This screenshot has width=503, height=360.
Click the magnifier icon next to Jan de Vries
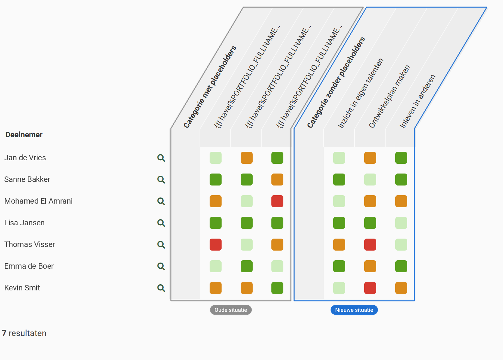tap(161, 158)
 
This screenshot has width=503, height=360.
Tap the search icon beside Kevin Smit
tap(161, 288)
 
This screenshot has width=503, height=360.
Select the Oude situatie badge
tap(231, 310)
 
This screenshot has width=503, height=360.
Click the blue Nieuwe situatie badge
tap(354, 310)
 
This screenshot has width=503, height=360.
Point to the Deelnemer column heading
tap(24, 135)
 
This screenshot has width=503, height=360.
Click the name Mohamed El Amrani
tap(38, 201)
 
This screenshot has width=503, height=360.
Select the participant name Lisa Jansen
tap(25, 223)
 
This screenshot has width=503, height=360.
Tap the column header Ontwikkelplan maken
tap(389, 96)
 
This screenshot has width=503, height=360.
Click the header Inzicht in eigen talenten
tap(360, 93)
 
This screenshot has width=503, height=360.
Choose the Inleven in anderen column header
tap(418, 101)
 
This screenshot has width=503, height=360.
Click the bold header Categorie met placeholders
tap(210, 87)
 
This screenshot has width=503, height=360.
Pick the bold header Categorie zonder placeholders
tap(336, 83)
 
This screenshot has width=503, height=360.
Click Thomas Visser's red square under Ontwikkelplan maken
tap(370, 244)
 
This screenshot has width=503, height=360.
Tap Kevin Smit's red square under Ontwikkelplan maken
tap(370, 288)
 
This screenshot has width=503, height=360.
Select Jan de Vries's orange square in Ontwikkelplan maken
tap(370, 158)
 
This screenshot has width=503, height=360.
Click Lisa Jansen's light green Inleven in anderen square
tap(401, 223)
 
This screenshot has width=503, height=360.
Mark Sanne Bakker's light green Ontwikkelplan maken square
tap(370, 179)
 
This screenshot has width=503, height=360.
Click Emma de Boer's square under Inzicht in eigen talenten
tap(339, 266)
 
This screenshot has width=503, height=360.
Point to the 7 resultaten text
tap(24, 333)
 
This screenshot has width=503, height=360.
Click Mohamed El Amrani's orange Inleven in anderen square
tap(401, 201)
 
